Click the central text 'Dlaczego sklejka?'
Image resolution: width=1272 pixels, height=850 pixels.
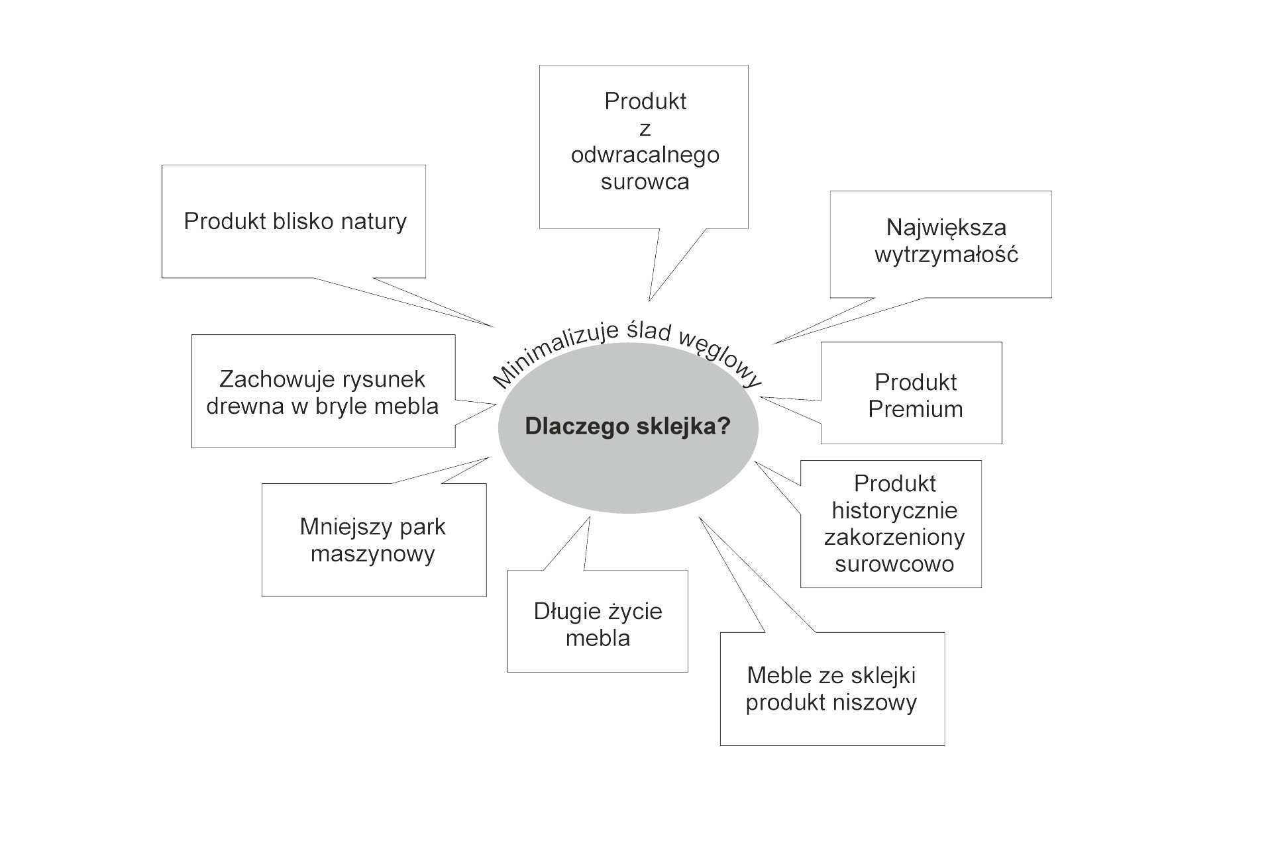(x=627, y=426)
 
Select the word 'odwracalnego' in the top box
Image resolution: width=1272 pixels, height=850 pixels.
(x=645, y=155)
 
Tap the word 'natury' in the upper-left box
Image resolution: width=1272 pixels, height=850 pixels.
(x=373, y=222)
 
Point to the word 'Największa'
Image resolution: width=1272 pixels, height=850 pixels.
(x=945, y=228)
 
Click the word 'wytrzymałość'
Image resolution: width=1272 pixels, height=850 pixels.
(x=945, y=255)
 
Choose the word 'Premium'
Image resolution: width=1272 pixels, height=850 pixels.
(x=915, y=409)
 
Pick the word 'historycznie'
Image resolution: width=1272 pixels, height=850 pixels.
(x=894, y=510)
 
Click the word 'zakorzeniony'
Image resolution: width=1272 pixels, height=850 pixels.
(x=894, y=538)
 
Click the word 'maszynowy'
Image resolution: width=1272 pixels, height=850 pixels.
(x=372, y=553)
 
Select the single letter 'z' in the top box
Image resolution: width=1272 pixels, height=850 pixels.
(x=645, y=129)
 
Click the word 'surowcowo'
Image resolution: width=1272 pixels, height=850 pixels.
(x=894, y=564)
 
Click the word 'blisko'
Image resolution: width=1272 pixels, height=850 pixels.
(x=303, y=221)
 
